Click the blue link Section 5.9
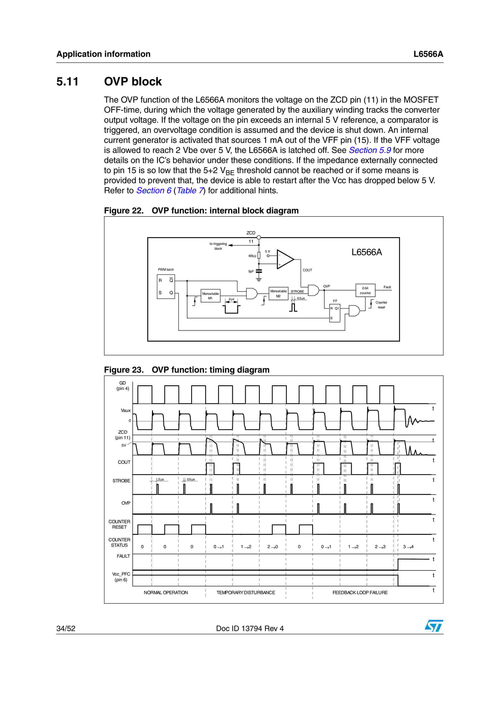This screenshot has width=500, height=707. tap(370, 150)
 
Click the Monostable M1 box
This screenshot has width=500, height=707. tap(210, 296)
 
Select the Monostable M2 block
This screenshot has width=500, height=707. tap(278, 293)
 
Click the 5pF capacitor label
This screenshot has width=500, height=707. tap(251, 271)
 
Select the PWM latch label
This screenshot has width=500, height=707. tap(166, 269)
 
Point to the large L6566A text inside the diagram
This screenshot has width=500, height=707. tap(367, 252)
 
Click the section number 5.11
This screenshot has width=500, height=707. tap(68, 82)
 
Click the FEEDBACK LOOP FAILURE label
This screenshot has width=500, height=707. tap(360, 593)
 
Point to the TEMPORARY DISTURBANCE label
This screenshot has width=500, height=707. tap(245, 593)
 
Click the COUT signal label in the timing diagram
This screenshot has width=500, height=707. tap(124, 462)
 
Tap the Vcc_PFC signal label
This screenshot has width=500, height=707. tap(121, 577)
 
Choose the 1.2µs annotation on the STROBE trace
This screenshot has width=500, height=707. tap(160, 479)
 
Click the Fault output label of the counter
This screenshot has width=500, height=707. tap(387, 287)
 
